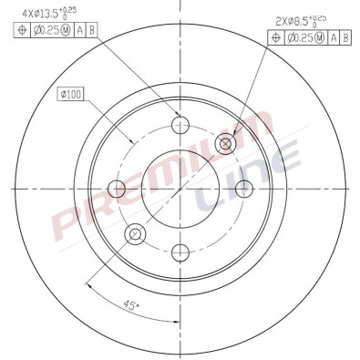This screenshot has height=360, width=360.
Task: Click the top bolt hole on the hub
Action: (180, 126)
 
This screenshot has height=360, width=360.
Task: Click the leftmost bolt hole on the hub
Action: (117, 189)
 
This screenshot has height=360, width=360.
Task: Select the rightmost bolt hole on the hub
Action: (243, 189)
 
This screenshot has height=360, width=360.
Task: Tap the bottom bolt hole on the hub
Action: (180, 252)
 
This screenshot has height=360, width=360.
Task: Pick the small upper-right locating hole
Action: (225, 143)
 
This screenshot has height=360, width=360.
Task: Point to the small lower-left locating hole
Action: (135, 234)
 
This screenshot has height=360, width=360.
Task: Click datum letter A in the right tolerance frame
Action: (333, 37)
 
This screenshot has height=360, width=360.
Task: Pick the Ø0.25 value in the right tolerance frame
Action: (304, 37)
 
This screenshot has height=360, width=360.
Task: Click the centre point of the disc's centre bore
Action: (180, 189)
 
